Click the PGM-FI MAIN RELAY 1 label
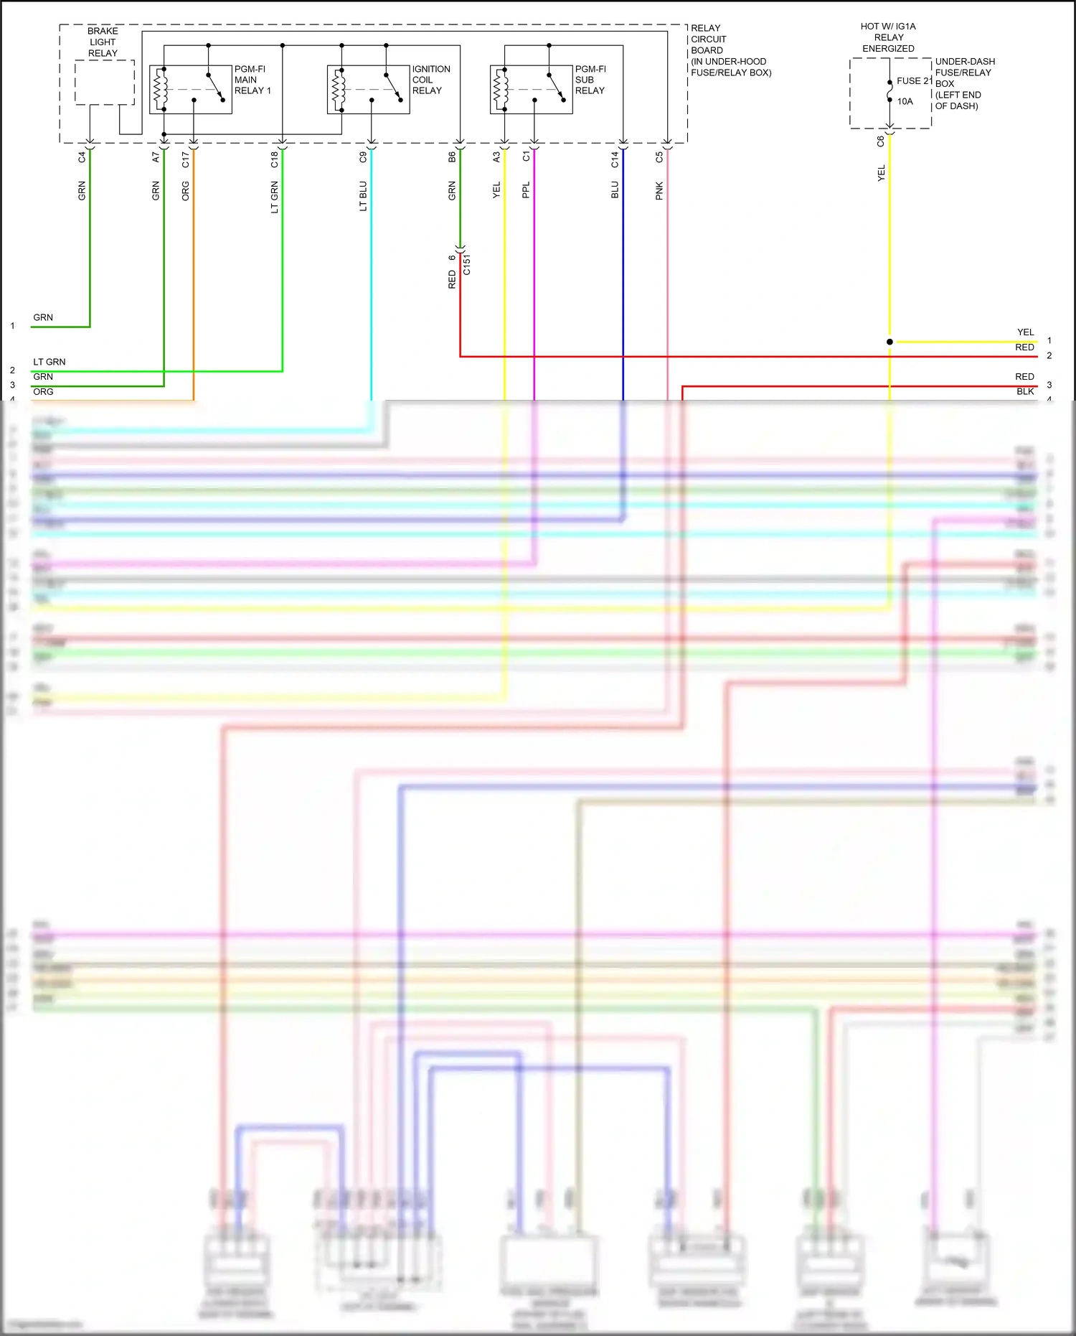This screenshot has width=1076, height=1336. (x=253, y=80)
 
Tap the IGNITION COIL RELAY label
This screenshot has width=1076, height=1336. (x=430, y=80)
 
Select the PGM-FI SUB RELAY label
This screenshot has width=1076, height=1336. (x=590, y=80)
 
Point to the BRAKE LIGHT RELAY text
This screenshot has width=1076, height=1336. (x=103, y=42)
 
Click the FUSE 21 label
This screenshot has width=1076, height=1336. (x=913, y=80)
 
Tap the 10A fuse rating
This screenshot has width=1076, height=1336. (x=905, y=101)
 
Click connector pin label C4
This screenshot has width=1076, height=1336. (x=82, y=157)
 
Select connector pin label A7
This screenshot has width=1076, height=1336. (x=156, y=157)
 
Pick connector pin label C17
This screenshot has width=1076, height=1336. (x=185, y=159)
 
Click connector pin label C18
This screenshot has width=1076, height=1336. (x=274, y=159)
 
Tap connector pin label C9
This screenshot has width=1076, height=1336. (x=363, y=157)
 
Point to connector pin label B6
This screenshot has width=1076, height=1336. (x=452, y=157)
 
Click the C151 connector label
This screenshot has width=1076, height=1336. (x=467, y=264)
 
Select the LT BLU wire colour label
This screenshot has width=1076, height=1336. (x=363, y=196)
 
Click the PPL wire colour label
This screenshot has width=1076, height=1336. (x=526, y=190)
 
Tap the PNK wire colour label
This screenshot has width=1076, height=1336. (x=659, y=191)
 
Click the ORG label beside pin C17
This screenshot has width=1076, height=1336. (x=185, y=191)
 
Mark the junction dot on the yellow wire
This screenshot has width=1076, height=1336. (x=889, y=342)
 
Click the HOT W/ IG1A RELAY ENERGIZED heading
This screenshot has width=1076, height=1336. (x=888, y=37)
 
